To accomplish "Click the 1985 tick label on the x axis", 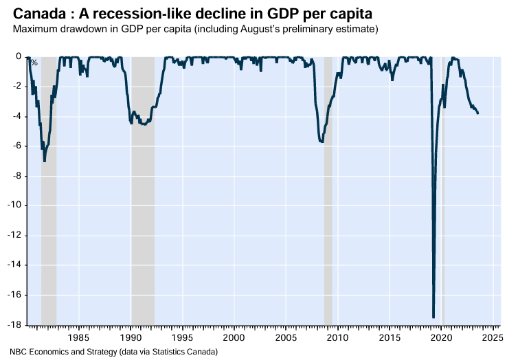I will [79, 337].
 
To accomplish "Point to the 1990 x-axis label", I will [131, 337].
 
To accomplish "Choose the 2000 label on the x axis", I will [234, 337].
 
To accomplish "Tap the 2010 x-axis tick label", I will [338, 337].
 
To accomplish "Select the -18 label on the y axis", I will [14, 325].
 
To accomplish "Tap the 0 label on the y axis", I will [19, 56].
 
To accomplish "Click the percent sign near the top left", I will [34, 64].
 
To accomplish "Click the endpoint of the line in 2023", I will [478, 113].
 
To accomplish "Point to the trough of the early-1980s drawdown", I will [45, 161].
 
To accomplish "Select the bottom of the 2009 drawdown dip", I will [322, 142].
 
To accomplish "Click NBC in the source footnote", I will [18, 352].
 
